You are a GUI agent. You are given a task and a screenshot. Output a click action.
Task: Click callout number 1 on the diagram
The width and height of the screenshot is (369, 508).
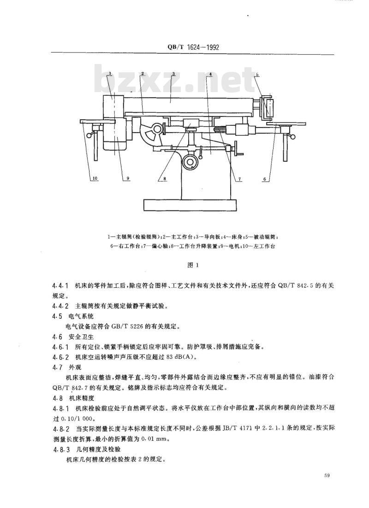coord(110,74)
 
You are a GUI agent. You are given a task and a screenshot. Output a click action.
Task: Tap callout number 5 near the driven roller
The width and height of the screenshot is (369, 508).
coord(257,74)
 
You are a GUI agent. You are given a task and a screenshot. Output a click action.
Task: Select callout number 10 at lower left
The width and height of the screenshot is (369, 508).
coord(95,178)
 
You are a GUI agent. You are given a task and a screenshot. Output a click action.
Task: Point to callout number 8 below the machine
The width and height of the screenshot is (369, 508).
coord(165,178)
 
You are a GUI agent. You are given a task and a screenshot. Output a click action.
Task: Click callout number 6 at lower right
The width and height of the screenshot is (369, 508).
coord(264,179)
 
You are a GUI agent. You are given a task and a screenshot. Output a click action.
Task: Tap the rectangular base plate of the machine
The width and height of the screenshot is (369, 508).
coord(190,205)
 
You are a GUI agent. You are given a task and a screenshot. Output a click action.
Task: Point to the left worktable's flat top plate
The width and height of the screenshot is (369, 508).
coord(98,121)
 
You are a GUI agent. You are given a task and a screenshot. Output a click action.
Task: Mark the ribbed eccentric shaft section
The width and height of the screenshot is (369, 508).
coord(220,129)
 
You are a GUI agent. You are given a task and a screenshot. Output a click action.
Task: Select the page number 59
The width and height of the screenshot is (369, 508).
coord(327,476)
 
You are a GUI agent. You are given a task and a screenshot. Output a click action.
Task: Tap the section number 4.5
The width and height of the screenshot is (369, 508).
coord(57,316)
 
